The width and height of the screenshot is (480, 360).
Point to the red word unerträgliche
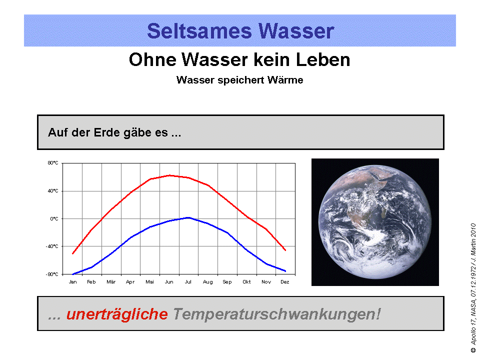pos(117,314)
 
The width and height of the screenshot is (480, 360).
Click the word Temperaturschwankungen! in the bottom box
pos(276,314)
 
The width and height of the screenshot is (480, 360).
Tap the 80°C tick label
pos(53,163)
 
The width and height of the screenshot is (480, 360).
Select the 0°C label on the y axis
pos(54,218)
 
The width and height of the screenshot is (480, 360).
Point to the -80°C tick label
pos(52,274)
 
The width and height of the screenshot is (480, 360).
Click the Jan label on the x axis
pos(72,282)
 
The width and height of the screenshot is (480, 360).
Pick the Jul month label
pos(188,282)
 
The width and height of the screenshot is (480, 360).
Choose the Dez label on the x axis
pos(285,282)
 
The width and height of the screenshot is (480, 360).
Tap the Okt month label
pos(246,282)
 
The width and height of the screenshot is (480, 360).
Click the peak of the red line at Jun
pos(169,175)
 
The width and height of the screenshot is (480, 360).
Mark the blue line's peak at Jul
pos(188,217)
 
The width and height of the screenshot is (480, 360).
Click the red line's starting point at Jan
pos(73,253)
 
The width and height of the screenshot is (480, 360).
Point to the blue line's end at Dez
pos(285,271)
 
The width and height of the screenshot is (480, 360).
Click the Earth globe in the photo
pos(375,222)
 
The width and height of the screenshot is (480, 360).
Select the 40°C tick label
pos(53,190)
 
